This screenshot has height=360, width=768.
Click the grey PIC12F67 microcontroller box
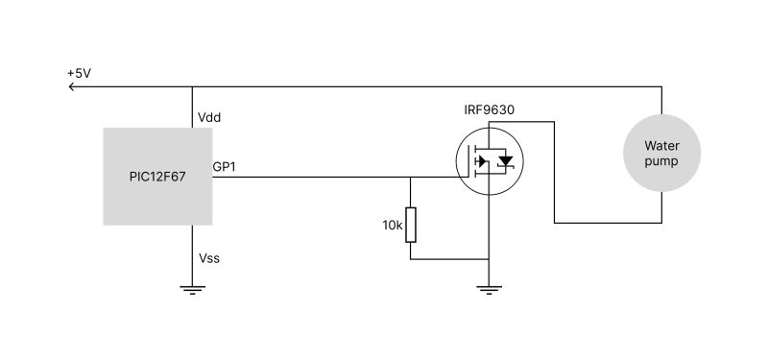click(x=157, y=177)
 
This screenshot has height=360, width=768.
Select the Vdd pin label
click(x=210, y=117)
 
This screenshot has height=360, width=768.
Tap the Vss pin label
click(x=210, y=258)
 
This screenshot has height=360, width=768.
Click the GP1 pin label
click(x=225, y=167)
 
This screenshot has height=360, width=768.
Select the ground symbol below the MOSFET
click(x=490, y=289)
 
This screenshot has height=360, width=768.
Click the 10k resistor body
click(x=411, y=225)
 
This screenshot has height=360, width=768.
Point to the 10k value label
click(x=392, y=225)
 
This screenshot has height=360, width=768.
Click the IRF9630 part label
click(x=489, y=109)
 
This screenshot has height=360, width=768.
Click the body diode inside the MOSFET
click(x=505, y=161)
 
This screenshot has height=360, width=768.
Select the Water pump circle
click(x=660, y=154)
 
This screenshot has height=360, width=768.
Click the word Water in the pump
click(x=660, y=146)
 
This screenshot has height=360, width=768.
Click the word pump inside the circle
click(x=660, y=161)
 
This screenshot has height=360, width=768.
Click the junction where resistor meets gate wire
click(x=411, y=177)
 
